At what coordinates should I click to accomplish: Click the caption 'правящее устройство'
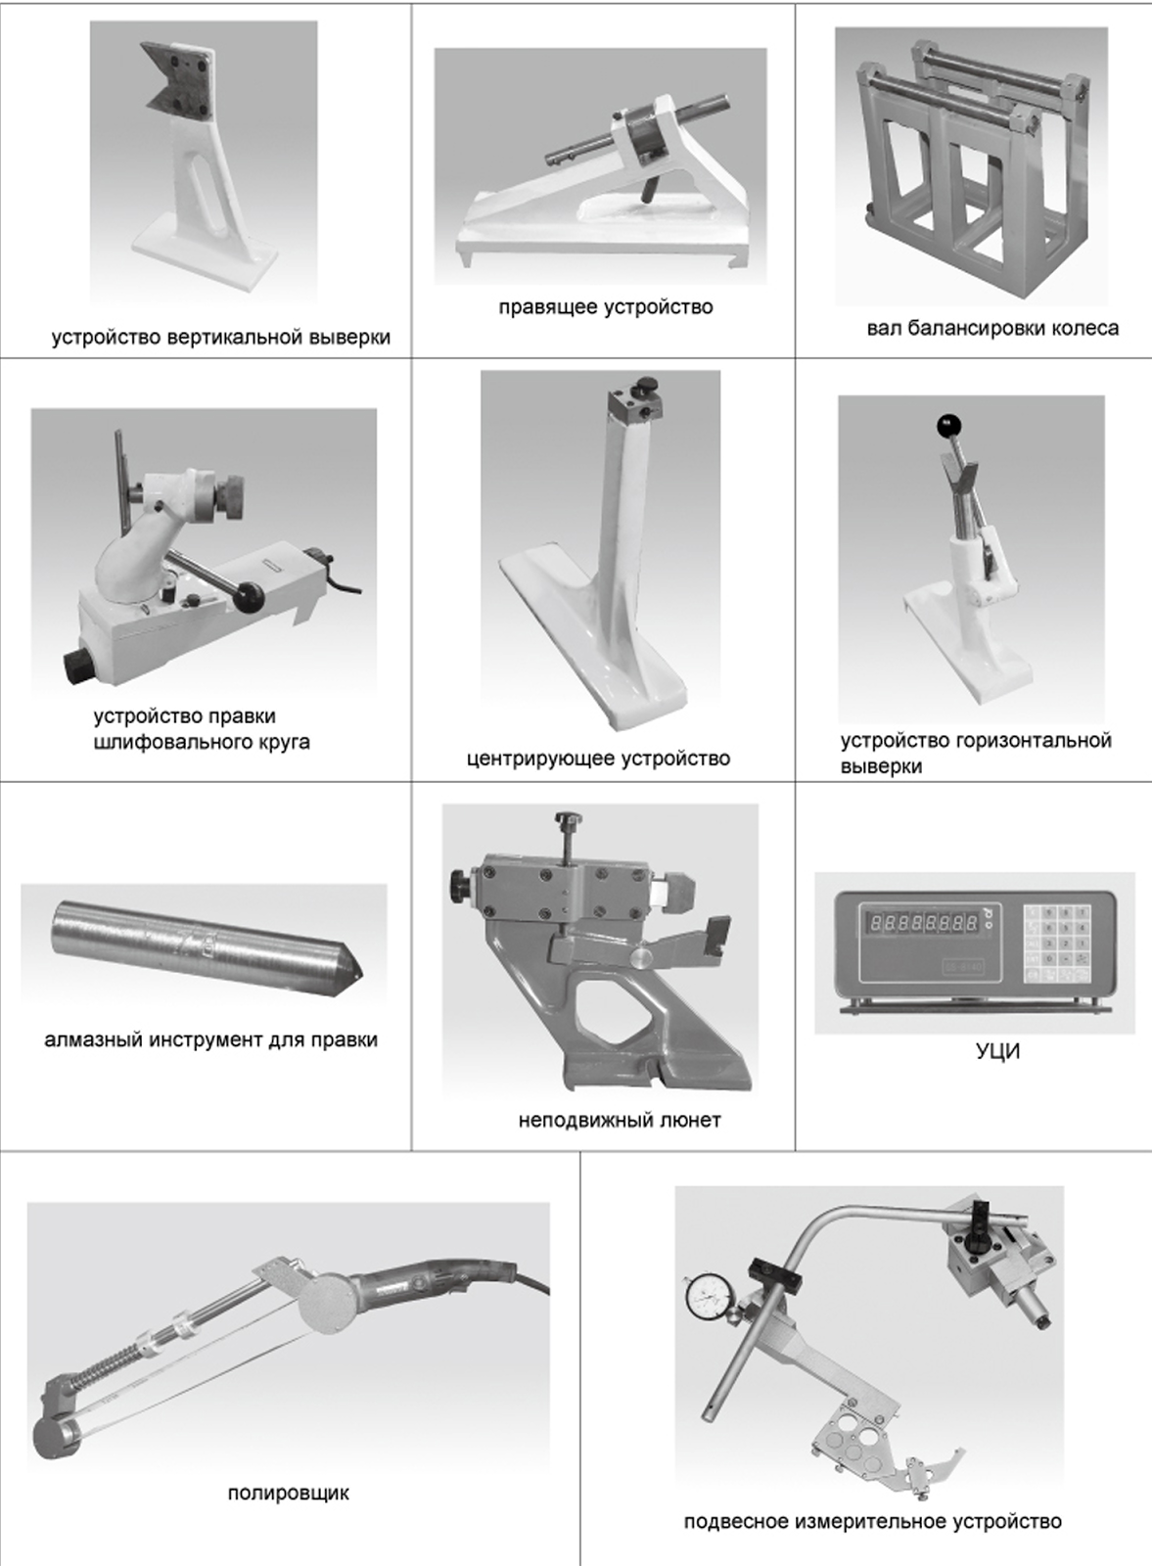605,307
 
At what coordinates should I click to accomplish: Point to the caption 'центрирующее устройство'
598,759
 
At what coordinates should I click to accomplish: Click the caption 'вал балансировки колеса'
992,328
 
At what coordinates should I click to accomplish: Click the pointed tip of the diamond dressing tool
363,974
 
